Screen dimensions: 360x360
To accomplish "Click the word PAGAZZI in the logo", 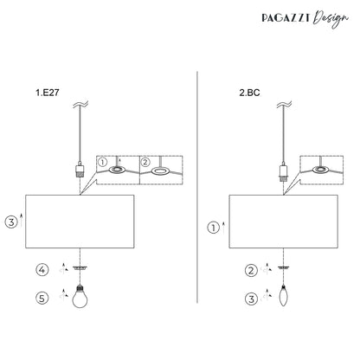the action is (286, 18).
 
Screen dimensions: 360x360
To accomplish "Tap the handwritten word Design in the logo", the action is (331, 18).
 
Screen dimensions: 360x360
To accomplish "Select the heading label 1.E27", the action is (48, 93).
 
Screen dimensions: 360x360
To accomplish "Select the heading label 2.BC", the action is (249, 93).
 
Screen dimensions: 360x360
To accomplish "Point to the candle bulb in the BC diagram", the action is (284, 295).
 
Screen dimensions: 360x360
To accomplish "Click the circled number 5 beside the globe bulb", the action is (42, 298).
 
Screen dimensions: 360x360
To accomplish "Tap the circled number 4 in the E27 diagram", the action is (42, 270).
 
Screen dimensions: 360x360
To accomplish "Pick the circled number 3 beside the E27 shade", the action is (11, 222).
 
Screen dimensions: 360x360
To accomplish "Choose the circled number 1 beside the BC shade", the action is (214, 228).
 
